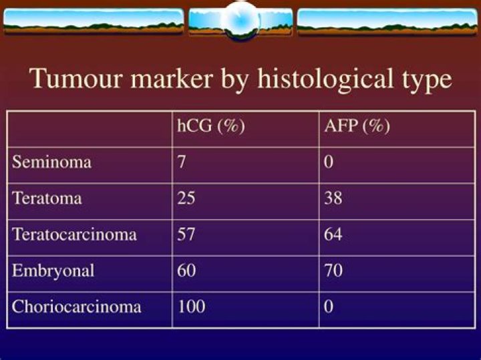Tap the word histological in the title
tap(325, 78)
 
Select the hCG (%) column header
tap(211, 126)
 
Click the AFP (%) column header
tap(357, 126)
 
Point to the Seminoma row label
tap(51, 162)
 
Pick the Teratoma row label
tap(47, 198)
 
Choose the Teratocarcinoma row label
tap(74, 234)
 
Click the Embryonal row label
tap(53, 271)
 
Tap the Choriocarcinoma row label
tap(76, 307)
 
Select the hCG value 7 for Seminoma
tap(181, 162)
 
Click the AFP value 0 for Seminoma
tap(329, 162)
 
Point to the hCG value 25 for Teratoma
tap(186, 198)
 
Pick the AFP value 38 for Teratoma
tap(333, 198)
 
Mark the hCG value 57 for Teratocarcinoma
tap(186, 234)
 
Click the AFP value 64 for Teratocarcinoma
tap(333, 234)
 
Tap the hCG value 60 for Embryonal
tap(186, 271)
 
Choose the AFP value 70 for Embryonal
tap(333, 271)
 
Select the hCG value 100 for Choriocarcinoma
tap(192, 307)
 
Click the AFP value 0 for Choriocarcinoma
tap(329, 307)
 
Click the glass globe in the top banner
tap(240, 21)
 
